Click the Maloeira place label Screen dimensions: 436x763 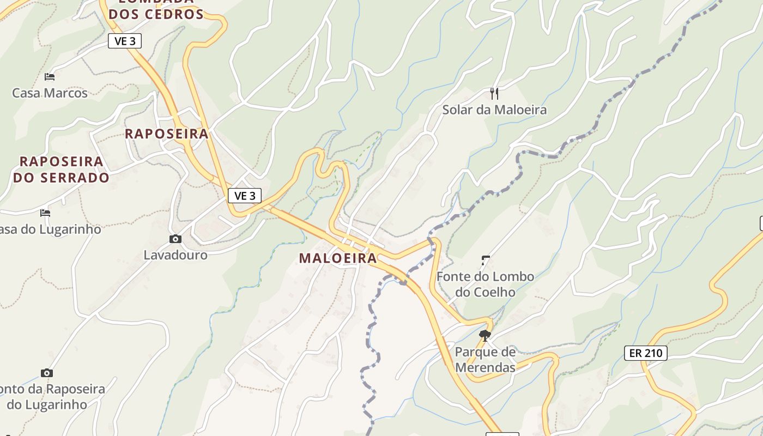[x=338, y=258]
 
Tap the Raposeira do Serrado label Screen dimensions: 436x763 [x=61, y=169]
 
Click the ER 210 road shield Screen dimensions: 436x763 [x=646, y=353]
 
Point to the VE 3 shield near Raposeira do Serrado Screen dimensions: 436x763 [x=245, y=196]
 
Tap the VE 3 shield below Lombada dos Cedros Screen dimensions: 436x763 [x=125, y=41]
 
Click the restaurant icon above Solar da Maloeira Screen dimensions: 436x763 [x=494, y=94]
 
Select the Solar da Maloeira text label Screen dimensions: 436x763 [x=494, y=110]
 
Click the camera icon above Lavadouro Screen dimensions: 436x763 [x=175, y=239]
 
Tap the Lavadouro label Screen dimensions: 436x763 [x=175, y=255]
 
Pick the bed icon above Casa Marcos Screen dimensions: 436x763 [x=50, y=77]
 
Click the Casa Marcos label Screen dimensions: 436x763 [x=50, y=93]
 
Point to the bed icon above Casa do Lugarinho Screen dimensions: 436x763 [x=45, y=213]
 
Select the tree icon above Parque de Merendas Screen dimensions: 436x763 [x=485, y=335]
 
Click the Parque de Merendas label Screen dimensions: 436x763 [x=485, y=360]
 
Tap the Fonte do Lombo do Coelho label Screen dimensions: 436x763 [x=485, y=284]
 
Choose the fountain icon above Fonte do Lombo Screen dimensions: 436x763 [x=485, y=261]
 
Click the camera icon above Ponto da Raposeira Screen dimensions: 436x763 [x=47, y=373]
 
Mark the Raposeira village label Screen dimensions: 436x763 [x=167, y=134]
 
